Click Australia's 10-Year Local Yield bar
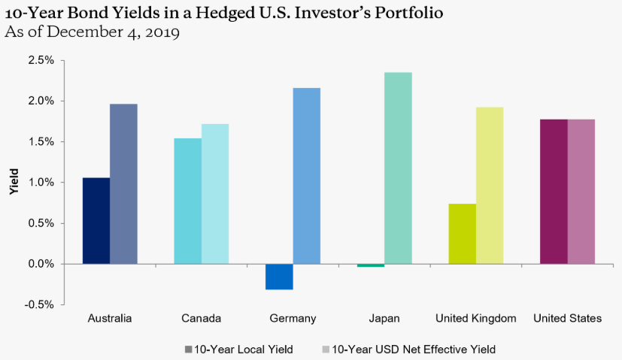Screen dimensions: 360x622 click(96, 221)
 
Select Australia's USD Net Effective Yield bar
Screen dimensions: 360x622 click(123, 184)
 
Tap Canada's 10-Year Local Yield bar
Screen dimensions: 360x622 click(187, 201)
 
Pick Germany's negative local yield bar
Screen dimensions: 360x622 click(279, 277)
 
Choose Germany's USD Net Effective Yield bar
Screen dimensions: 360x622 click(306, 176)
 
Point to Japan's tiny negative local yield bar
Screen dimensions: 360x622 click(371, 265)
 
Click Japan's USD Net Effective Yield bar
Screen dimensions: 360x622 click(398, 168)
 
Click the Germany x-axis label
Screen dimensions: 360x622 click(293, 319)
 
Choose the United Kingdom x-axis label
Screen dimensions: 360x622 click(476, 319)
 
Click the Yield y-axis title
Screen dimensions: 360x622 click(13, 183)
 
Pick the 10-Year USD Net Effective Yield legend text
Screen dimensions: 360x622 click(414, 349)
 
